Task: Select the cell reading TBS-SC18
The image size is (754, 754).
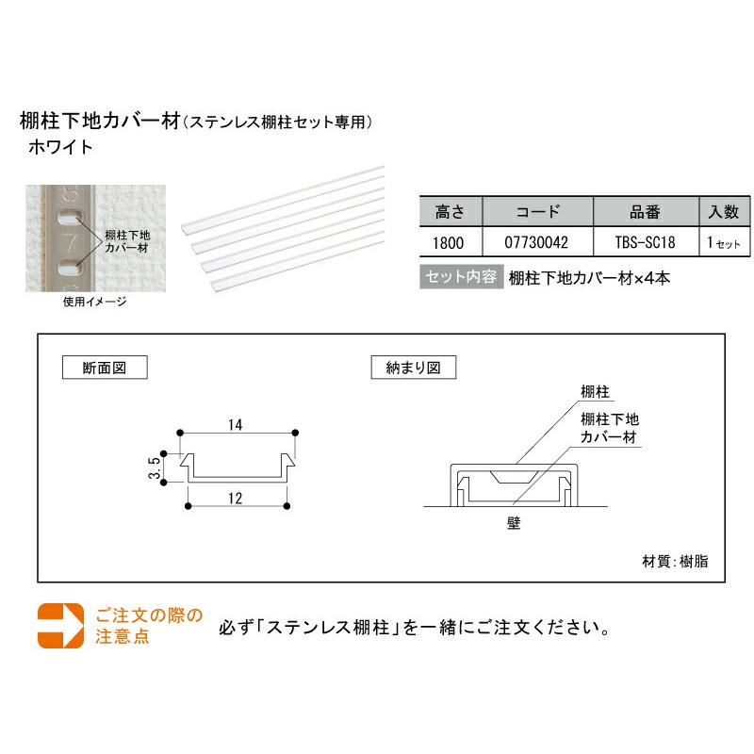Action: click(x=647, y=242)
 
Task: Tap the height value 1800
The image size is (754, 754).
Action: click(x=448, y=242)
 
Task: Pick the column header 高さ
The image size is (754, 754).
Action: click(x=448, y=211)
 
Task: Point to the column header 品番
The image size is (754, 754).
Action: click(x=647, y=211)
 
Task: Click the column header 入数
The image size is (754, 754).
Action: click(x=723, y=211)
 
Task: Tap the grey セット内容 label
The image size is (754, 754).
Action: click(x=460, y=278)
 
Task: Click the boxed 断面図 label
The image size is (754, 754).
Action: click(x=105, y=367)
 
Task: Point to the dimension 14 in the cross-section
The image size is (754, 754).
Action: click(x=236, y=425)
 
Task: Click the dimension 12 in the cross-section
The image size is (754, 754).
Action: click(x=236, y=499)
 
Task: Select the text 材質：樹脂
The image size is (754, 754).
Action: click(x=675, y=561)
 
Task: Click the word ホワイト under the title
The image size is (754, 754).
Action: click(x=61, y=147)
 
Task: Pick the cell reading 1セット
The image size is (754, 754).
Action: click(x=723, y=242)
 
